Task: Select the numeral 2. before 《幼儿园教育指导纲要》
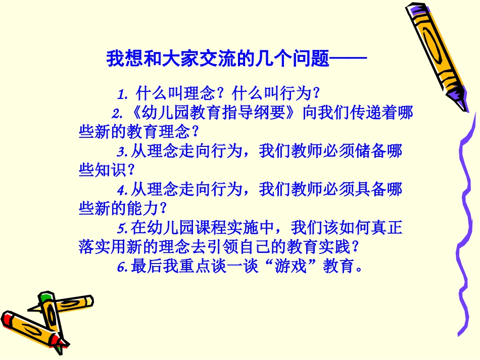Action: (x=117, y=113)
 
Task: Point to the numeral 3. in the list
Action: (x=122, y=151)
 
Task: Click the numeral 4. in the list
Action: (x=122, y=190)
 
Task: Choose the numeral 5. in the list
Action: (x=122, y=229)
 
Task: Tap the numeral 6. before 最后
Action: (x=122, y=267)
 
